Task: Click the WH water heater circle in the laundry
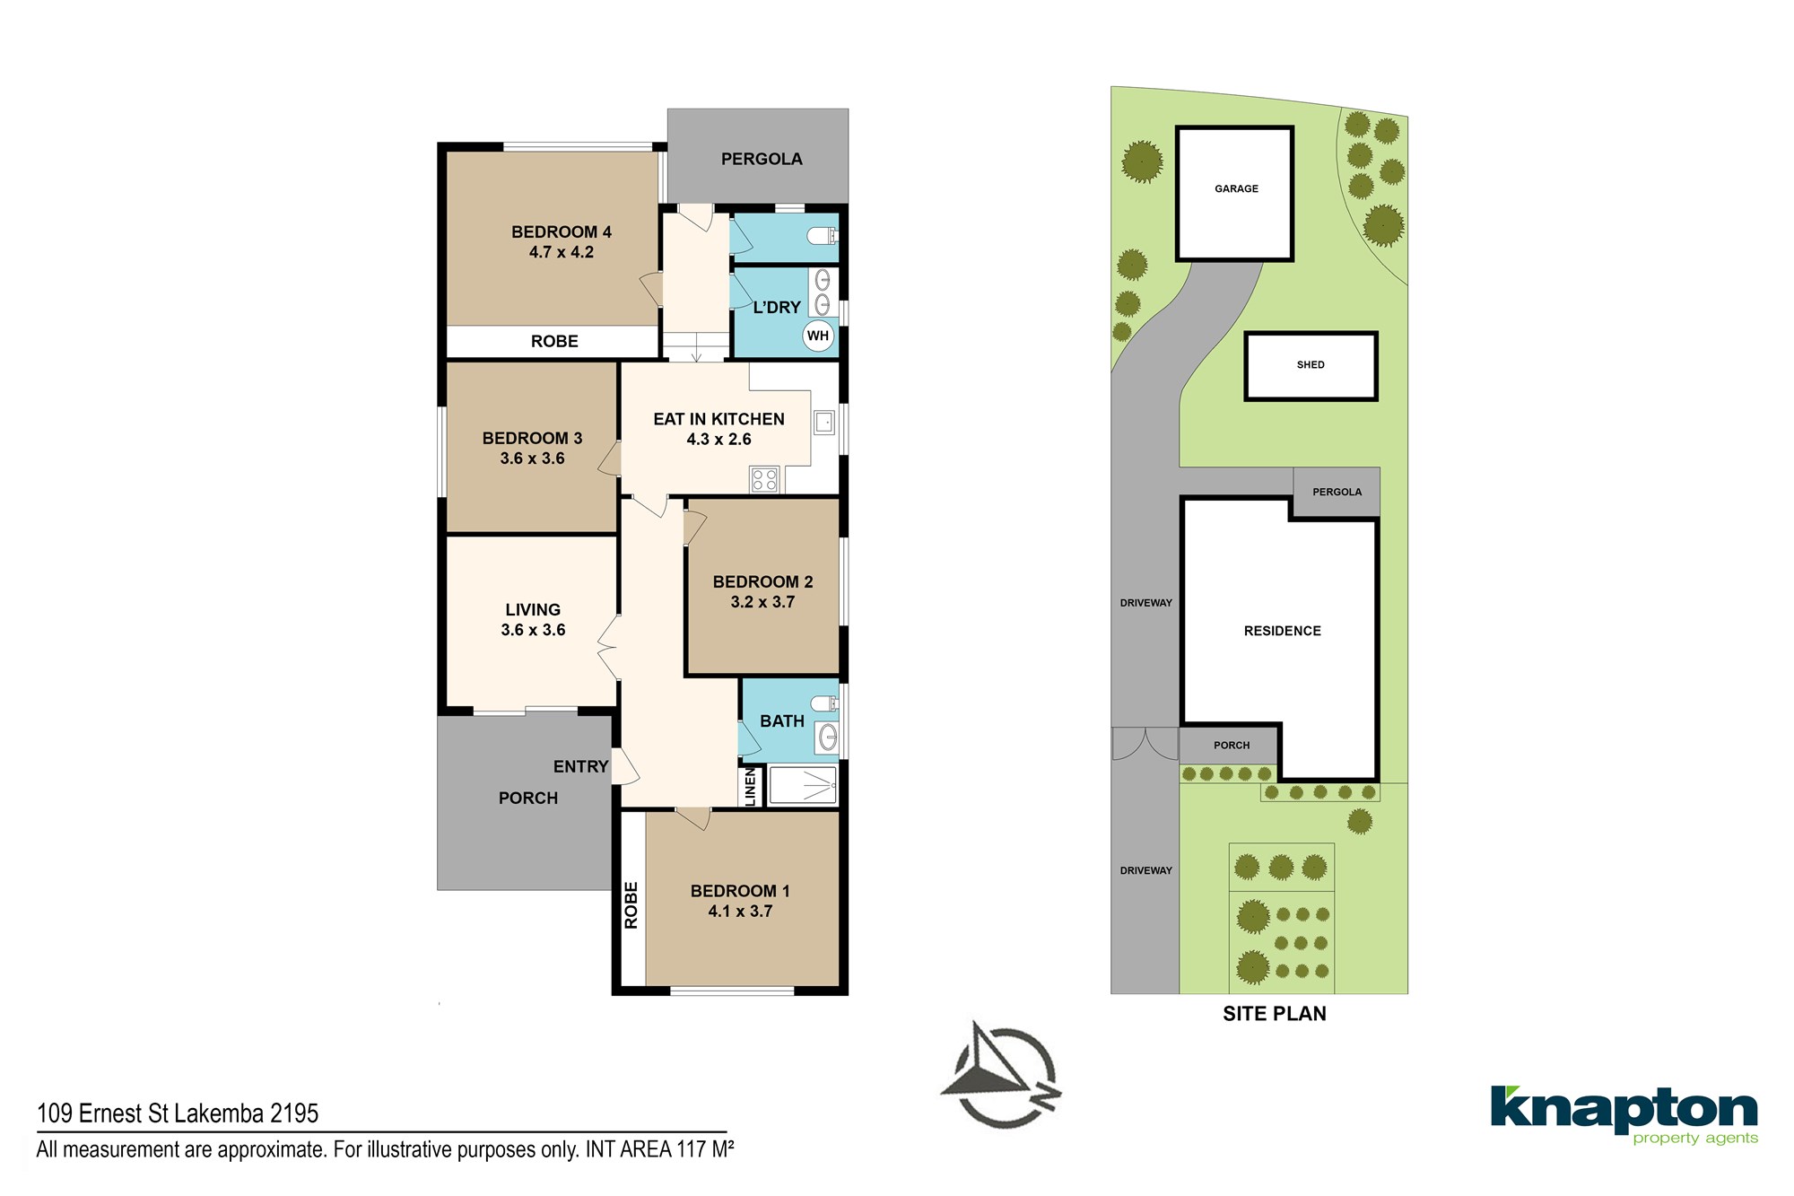tap(818, 336)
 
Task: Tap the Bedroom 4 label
tap(562, 232)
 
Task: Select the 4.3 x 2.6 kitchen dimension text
tap(718, 440)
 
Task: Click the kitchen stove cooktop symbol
tap(764, 480)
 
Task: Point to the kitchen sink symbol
tap(824, 422)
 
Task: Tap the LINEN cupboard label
tap(751, 787)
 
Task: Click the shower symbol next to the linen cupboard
tap(803, 785)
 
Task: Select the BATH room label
tap(782, 721)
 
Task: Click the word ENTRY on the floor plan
tap(580, 767)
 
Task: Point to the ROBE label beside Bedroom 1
tap(631, 905)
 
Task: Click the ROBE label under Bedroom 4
tap(554, 342)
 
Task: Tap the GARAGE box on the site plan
tap(1235, 194)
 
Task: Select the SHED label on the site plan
tap(1311, 365)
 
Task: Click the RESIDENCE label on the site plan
tap(1283, 632)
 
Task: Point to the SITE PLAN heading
tap(1275, 1014)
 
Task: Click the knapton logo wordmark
tap(1624, 1110)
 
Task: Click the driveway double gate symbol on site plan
tap(1145, 744)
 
